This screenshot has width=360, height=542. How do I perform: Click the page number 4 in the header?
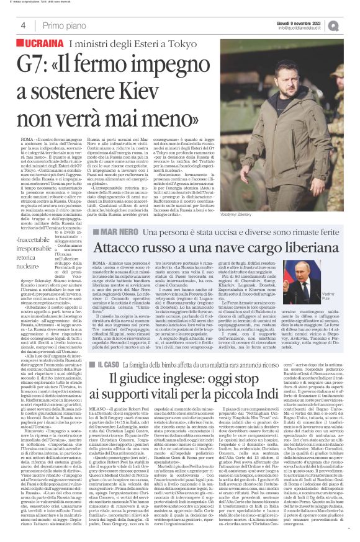pyautogui.click(x=23, y=25)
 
